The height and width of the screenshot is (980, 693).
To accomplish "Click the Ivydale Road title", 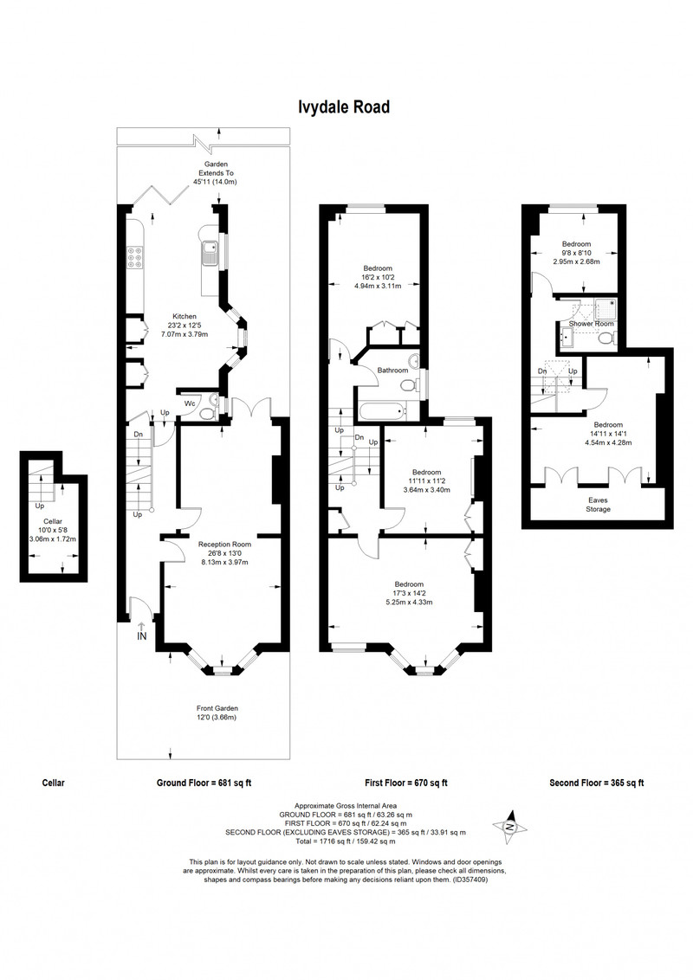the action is coord(344,107).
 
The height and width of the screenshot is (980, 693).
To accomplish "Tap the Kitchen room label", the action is coord(185,316).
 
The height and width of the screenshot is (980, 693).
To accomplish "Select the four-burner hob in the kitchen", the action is coord(134,257).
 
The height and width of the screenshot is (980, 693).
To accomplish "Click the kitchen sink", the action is coord(208,253).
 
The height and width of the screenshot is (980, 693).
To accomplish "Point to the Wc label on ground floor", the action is coord(190,403).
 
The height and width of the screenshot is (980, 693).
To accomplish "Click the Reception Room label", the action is coord(224,545).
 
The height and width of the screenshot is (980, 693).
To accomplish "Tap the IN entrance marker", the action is coord(142,635).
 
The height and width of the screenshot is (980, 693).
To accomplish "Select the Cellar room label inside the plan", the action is coord(53,521).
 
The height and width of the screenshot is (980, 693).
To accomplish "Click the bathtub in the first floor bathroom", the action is coord(381,411).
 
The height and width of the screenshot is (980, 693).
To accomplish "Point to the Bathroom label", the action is coord(392,371).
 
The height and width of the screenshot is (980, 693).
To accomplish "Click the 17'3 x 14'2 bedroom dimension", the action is coord(409,594).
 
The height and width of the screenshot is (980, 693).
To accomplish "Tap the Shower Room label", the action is coord(591,324).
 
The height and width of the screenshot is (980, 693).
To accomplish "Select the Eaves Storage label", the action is coord(598,505).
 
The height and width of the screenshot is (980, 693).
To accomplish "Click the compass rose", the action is coord(510,827).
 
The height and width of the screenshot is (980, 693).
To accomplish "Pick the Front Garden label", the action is coord(217,708).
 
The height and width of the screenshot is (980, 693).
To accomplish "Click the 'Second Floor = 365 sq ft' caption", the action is coord(597,783).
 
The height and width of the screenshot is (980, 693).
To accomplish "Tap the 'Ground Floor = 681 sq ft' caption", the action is coord(204,783).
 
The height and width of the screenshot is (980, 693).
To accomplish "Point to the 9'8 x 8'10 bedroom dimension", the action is coord(576,253).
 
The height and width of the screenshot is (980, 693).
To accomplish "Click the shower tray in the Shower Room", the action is coord(604,307).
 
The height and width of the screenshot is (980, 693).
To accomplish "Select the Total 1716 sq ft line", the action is coord(346,841).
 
